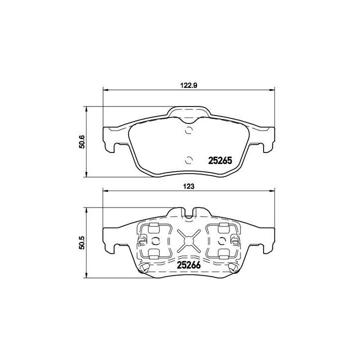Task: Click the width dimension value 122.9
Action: pyautogui.click(x=189, y=85)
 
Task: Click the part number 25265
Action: pyautogui.click(x=220, y=161)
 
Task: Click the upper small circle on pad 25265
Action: pyautogui.click(x=188, y=132)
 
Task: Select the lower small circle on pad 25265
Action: pyautogui.click(x=188, y=160)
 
